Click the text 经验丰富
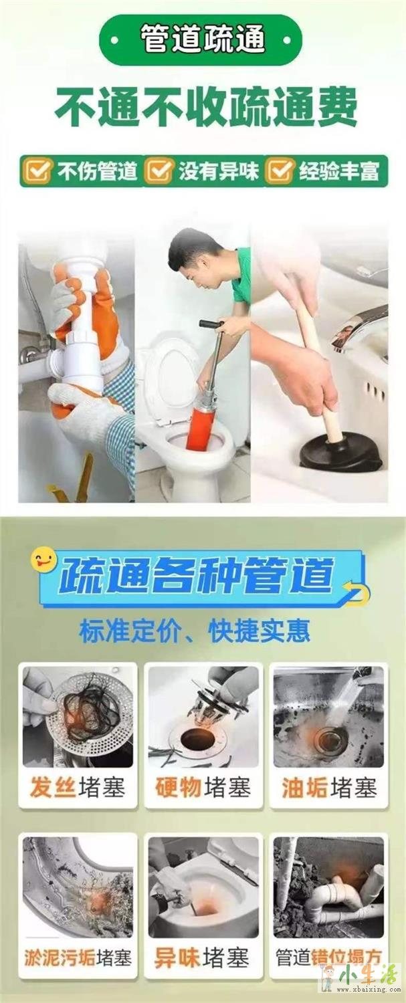tap(339, 171)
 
